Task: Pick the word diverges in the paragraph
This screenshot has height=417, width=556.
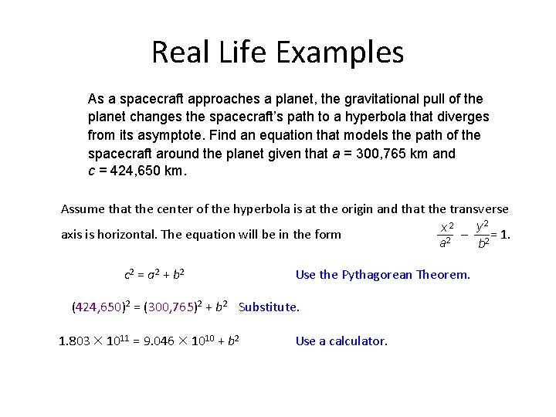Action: [x=463, y=117]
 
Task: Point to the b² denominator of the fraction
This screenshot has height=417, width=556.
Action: [x=482, y=245]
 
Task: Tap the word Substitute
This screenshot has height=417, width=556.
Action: [x=269, y=307]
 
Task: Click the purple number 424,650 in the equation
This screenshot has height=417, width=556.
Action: [x=98, y=307]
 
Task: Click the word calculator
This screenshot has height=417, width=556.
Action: [x=358, y=341]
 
